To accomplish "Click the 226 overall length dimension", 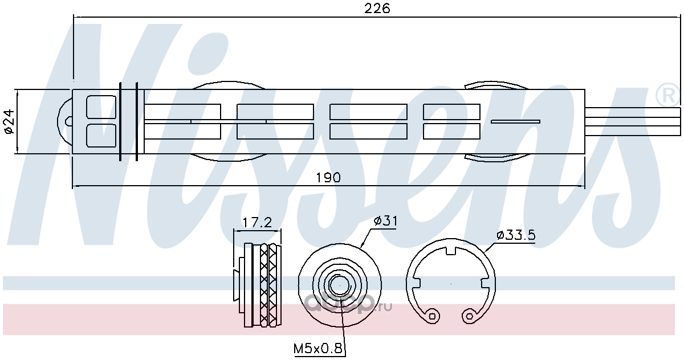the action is (377, 8).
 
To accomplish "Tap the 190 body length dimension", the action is (328, 177).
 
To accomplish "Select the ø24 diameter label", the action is (9, 121).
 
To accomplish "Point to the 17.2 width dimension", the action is (257, 223).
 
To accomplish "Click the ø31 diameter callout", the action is (386, 220).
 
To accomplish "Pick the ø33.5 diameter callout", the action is (516, 235).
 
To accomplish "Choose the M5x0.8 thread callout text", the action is (318, 349).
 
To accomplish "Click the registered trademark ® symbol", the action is (667, 95).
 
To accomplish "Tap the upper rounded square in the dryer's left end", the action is (101, 107).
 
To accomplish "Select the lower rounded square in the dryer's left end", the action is (101, 136).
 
